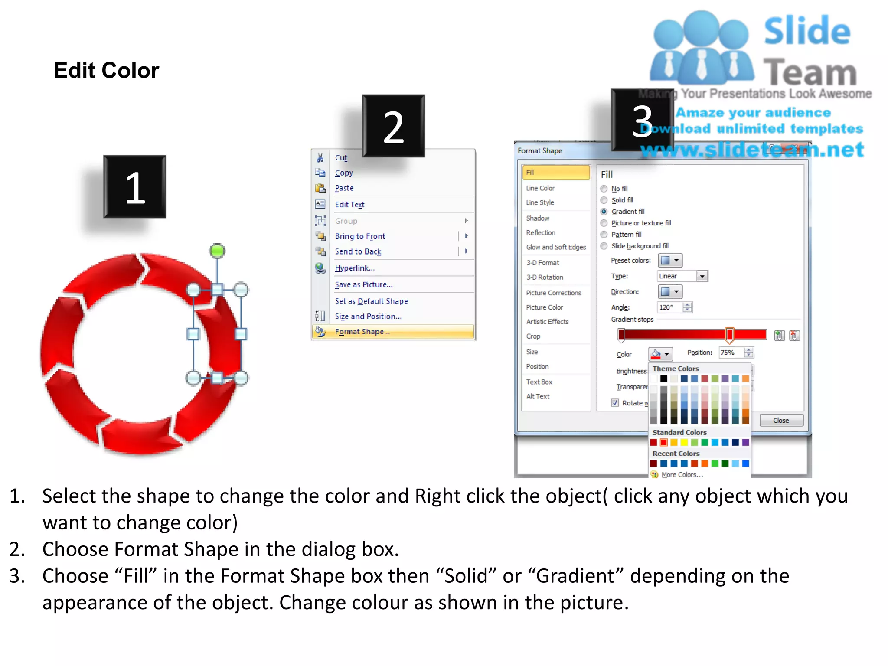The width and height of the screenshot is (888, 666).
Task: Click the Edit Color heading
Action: pos(106,70)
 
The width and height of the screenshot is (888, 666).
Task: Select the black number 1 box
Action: pos(134,186)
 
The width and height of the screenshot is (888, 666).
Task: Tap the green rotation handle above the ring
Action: pos(217,251)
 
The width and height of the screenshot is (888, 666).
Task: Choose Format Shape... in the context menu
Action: pos(362,332)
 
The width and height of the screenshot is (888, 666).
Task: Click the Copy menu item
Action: pos(344,173)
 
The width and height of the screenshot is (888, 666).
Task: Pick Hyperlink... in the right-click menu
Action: pos(355,268)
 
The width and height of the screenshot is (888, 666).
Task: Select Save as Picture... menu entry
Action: pos(363,285)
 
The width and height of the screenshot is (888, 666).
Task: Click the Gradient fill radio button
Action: pos(604,212)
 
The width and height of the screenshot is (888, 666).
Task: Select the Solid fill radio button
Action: pos(604,200)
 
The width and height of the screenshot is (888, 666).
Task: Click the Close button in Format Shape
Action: pos(781,421)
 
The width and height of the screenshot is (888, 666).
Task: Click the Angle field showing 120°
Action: pos(670,307)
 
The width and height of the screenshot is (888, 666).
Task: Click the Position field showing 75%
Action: pos(731,353)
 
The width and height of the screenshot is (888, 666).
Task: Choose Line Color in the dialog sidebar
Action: pos(540,188)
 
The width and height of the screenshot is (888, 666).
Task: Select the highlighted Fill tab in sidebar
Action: pos(555,173)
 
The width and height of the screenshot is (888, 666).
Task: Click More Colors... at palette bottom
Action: pos(682,475)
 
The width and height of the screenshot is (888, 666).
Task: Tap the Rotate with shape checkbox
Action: pos(615,403)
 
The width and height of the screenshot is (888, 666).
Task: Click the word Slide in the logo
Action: pos(807,31)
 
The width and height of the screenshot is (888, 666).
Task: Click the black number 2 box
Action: pos(393,126)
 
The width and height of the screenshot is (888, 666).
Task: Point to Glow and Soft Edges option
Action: pos(556,247)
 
